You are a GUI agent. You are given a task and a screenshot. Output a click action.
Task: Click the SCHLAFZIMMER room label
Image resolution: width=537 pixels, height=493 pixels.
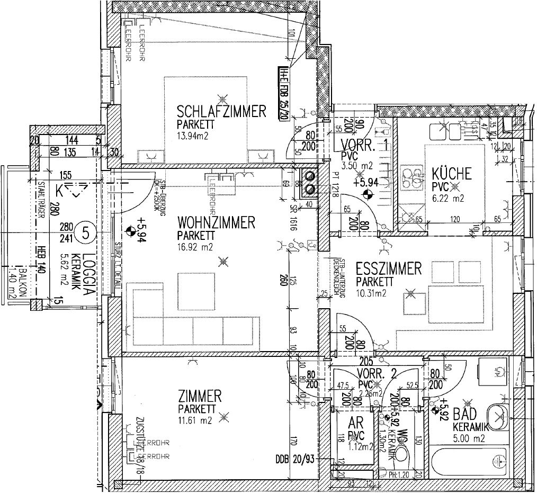pos(221,112)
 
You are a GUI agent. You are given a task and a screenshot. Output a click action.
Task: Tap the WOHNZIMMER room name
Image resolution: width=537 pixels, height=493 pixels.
pos(216,222)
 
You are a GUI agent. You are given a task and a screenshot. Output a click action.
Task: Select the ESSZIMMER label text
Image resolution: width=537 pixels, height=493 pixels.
pos(389,268)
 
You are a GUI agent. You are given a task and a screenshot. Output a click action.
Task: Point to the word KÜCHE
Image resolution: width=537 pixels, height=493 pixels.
pos(451,174)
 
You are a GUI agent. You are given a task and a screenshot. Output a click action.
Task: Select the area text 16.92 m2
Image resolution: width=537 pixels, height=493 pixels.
pos(195,246)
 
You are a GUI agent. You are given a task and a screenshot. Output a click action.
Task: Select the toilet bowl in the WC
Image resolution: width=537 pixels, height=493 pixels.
pos(404,454)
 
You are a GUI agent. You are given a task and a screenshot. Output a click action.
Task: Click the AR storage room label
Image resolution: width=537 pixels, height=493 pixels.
pos(355,423)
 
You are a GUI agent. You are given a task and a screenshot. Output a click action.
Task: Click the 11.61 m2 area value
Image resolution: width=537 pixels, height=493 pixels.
pos(195,420)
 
